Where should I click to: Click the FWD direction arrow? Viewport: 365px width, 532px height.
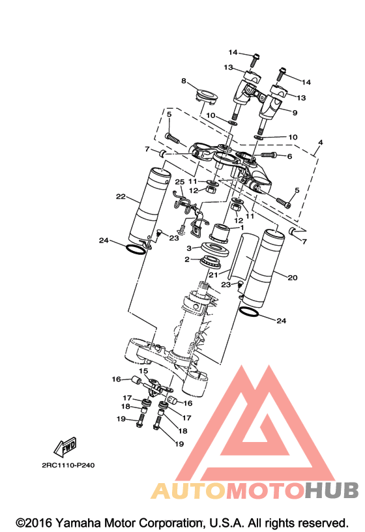65,447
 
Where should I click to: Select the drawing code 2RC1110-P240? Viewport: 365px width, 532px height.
68,465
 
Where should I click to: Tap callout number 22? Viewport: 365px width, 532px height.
121,196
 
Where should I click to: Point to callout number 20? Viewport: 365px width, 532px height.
293,278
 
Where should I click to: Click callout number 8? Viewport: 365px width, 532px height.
184,81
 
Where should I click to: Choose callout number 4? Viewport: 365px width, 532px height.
320,142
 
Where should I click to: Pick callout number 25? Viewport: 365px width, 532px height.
180,182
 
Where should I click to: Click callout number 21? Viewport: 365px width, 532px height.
213,275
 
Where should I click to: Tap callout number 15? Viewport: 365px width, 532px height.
143,371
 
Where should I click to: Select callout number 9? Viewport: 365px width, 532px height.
295,112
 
